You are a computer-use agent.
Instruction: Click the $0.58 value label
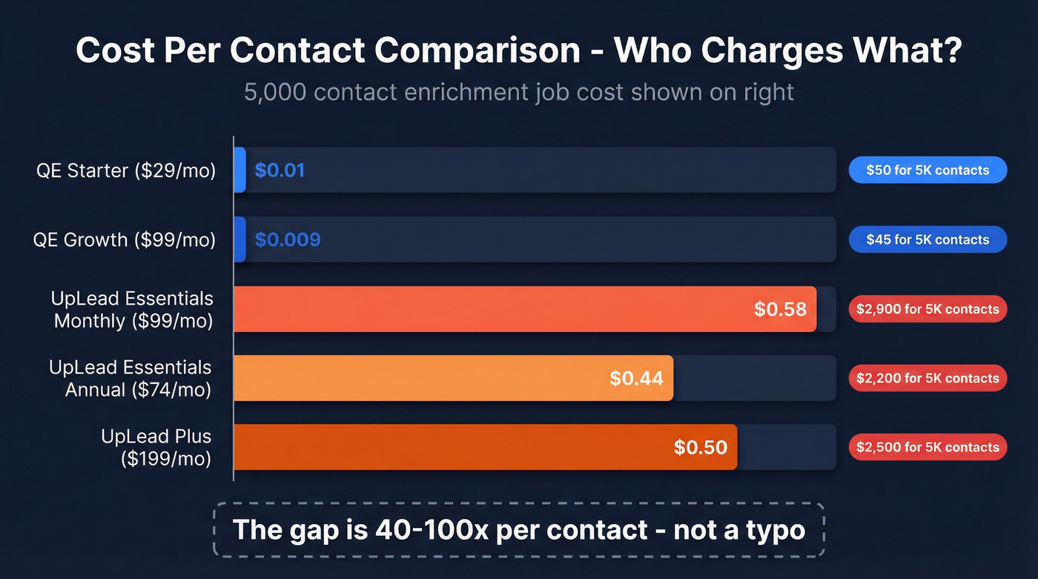(x=780, y=309)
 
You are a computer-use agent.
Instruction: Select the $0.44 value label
(x=636, y=378)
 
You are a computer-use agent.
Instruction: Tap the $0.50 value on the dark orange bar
(x=701, y=447)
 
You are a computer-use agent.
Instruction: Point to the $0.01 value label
(x=280, y=171)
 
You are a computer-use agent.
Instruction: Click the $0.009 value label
(x=288, y=239)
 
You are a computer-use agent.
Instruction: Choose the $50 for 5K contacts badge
(x=928, y=171)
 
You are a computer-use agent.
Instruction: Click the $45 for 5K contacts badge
(x=928, y=239)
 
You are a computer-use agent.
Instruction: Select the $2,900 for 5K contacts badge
(x=928, y=309)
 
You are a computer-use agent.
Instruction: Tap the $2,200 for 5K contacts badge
(x=928, y=378)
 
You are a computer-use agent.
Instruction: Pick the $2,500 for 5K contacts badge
(x=928, y=447)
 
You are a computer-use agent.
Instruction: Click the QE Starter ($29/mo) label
(x=126, y=171)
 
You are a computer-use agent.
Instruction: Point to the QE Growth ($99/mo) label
(x=125, y=239)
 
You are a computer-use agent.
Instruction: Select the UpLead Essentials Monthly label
(x=132, y=309)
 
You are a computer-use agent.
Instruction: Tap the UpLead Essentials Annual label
(x=130, y=378)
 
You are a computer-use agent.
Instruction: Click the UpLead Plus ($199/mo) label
(x=156, y=447)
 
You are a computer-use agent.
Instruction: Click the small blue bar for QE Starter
(x=239, y=171)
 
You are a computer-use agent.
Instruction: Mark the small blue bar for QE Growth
(x=239, y=239)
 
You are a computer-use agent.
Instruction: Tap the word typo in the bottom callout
(x=770, y=529)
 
